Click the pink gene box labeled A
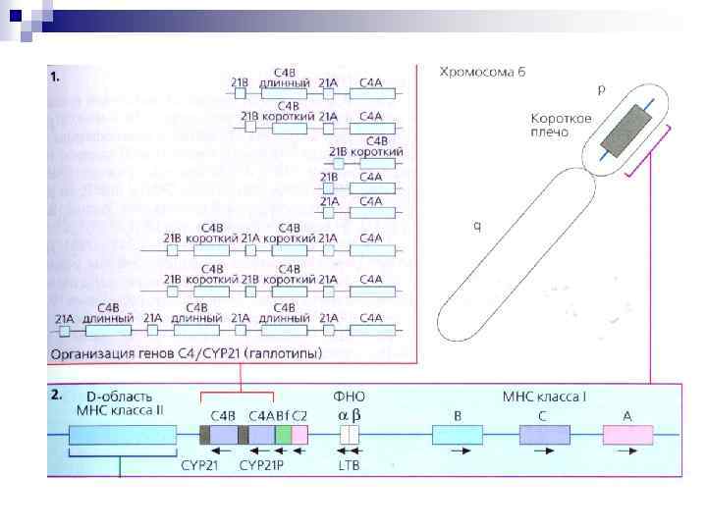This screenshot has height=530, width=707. [x=628, y=436]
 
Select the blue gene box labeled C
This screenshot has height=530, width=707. [x=537, y=436]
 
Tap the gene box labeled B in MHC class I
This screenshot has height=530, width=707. [x=457, y=436]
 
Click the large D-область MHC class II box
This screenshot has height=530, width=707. [x=123, y=436]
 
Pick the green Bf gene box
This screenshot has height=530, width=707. [x=283, y=436]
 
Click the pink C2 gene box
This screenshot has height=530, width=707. [x=299, y=436]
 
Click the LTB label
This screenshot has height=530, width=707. [x=349, y=465]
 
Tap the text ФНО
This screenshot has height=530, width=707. [x=350, y=397]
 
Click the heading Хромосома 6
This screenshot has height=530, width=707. [x=483, y=71]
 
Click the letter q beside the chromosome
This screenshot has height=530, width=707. [x=477, y=225]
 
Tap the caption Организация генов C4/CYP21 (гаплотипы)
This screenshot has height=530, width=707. [x=168, y=352]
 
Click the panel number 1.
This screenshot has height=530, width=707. [x=56, y=74]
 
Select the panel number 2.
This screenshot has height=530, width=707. [x=57, y=394]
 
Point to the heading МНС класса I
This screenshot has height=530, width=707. [x=544, y=397]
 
